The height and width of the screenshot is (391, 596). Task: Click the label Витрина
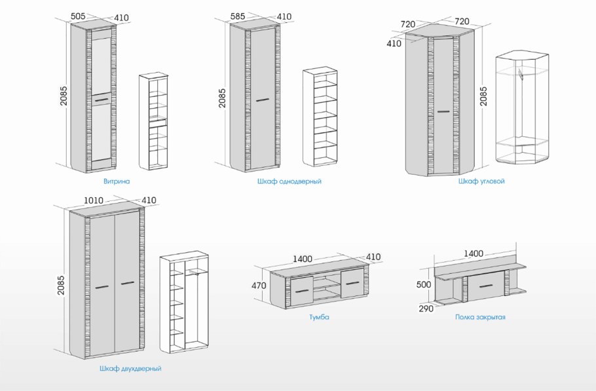(x=117, y=181)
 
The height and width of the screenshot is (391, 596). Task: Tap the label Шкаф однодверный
(x=289, y=181)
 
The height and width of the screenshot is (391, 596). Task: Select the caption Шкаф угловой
(x=481, y=181)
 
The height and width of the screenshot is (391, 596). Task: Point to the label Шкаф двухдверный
(x=130, y=368)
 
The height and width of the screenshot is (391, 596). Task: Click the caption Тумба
(x=320, y=317)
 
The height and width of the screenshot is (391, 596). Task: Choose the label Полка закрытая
(x=481, y=317)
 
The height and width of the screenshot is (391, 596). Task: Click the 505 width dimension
(x=78, y=16)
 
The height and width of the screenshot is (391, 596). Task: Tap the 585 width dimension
(x=238, y=16)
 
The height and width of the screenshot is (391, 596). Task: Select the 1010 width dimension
(x=94, y=200)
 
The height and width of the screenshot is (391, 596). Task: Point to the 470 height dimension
(x=259, y=285)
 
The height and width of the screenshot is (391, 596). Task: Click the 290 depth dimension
(x=426, y=308)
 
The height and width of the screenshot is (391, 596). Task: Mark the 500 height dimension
(x=424, y=285)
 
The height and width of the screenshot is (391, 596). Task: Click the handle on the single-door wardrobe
(x=262, y=100)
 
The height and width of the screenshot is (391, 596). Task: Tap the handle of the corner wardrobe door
(x=443, y=112)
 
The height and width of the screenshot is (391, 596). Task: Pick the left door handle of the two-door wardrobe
(x=102, y=287)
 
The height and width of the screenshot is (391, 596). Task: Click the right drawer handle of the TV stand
(x=353, y=284)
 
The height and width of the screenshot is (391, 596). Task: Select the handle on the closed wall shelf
(x=486, y=286)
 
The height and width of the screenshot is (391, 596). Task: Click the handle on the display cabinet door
(x=102, y=100)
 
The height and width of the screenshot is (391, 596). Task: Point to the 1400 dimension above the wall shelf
(x=474, y=253)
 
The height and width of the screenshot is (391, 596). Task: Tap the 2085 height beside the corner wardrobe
(x=483, y=96)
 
